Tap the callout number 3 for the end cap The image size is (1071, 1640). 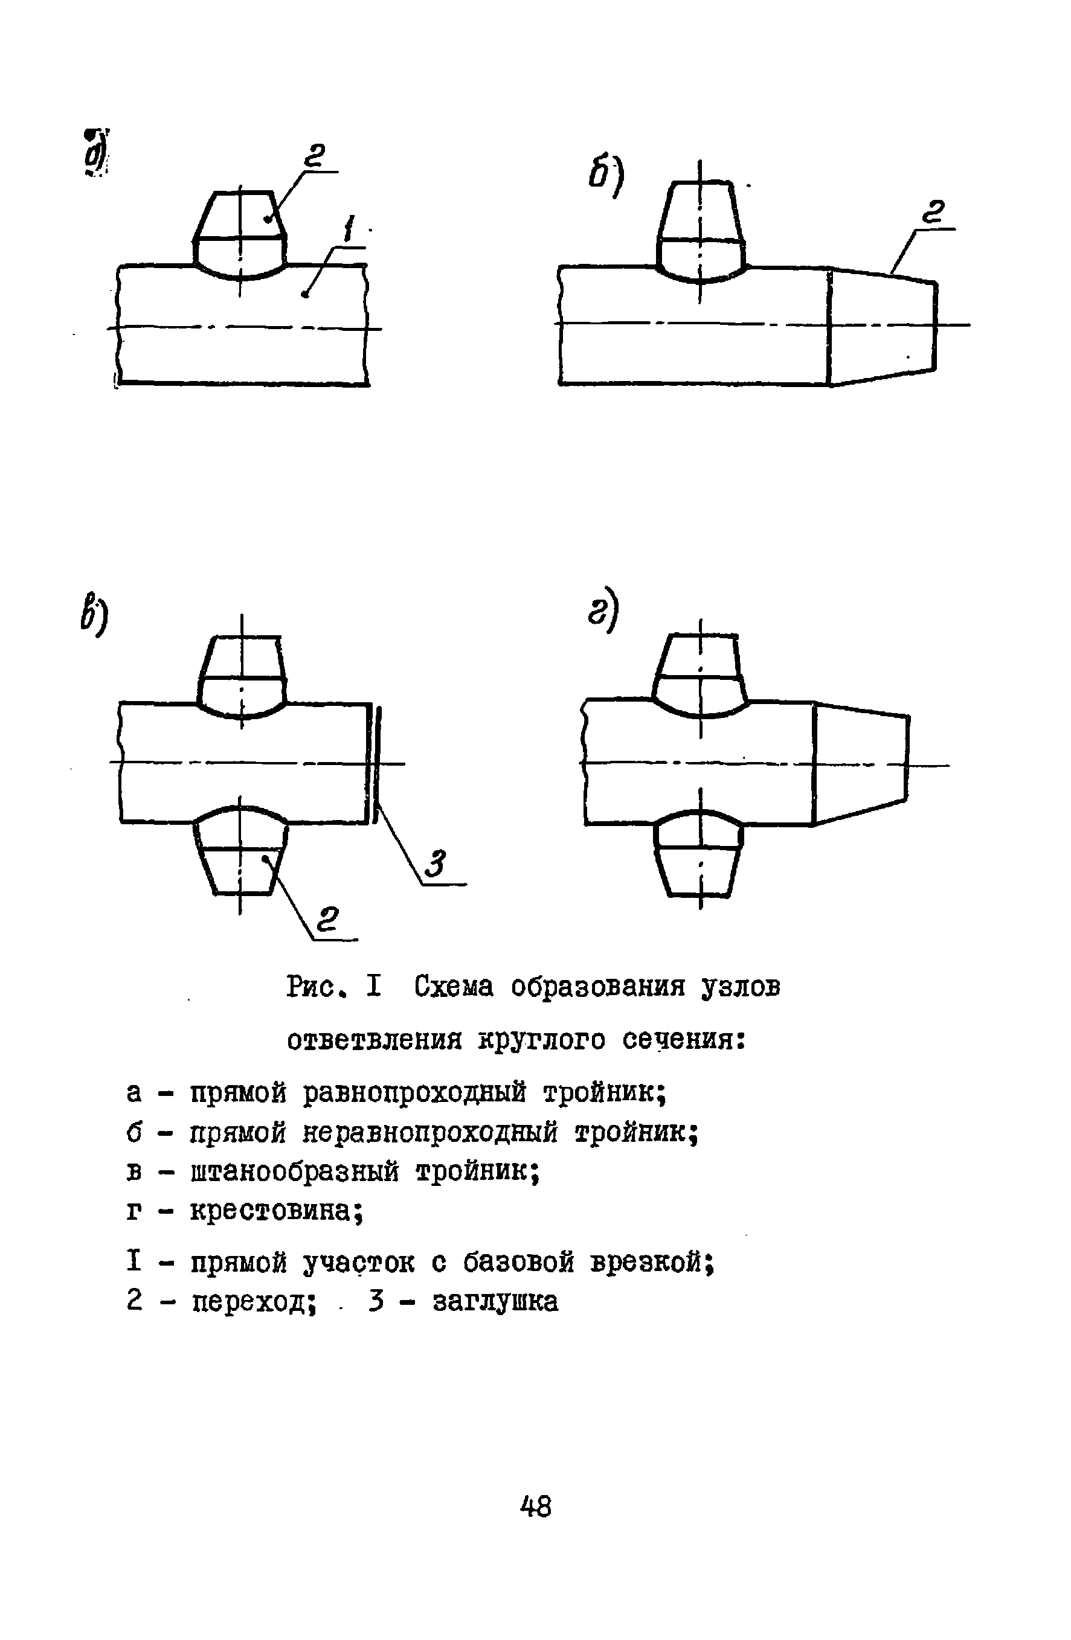436,863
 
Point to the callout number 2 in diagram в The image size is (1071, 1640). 328,920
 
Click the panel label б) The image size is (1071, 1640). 606,176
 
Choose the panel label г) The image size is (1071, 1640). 603,609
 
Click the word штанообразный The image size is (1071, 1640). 294,1171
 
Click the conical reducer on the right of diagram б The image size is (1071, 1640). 882,324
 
